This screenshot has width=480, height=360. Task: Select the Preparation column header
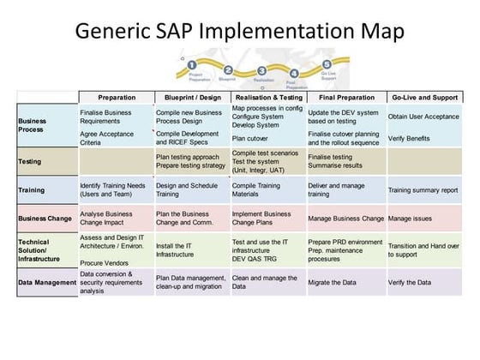pyautogui.click(x=117, y=97)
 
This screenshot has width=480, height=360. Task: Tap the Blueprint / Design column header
pyautogui.click(x=192, y=97)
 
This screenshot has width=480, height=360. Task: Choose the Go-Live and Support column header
pyautogui.click(x=423, y=97)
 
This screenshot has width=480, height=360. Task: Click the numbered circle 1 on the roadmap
pyautogui.click(x=193, y=64)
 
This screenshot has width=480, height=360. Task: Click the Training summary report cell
pyautogui.click(x=423, y=189)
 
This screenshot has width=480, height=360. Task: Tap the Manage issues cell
pyautogui.click(x=411, y=219)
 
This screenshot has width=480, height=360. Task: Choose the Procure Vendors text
pyautogui.click(x=105, y=263)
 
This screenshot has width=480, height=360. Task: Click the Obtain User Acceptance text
pyautogui.click(x=425, y=117)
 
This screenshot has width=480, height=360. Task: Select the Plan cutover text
pyautogui.click(x=251, y=137)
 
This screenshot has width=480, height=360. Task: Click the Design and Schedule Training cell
pyautogui.click(x=188, y=189)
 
